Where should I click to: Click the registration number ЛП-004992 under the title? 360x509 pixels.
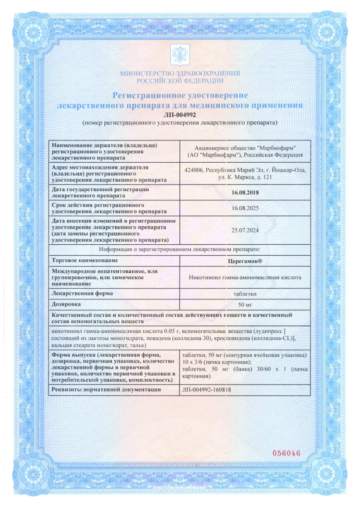pos(180,115)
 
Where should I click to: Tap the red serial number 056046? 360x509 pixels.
pos(286,454)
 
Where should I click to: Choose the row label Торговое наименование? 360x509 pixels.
pos(85,261)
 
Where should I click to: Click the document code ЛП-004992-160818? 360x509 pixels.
pos(203,389)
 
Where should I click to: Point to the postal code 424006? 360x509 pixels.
pos(195,170)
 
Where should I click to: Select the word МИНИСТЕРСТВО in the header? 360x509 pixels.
pos(149,73)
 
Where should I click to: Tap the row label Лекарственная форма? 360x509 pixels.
pos(83,293)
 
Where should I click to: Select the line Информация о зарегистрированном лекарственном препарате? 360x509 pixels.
pos(180,250)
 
